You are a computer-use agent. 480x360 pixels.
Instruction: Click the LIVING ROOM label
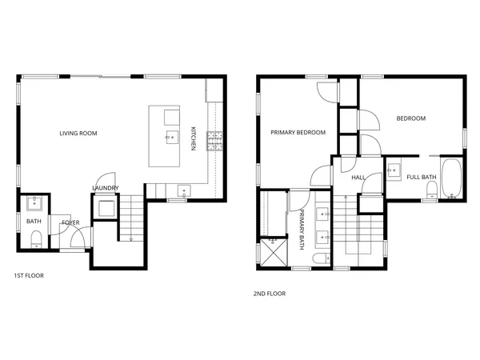[78, 133]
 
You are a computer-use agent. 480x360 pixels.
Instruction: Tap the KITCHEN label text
[193, 139]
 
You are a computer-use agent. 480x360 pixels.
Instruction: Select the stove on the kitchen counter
[214, 142]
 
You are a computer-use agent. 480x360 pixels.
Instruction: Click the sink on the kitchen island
[170, 138]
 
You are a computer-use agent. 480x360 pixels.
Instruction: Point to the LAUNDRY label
[106, 189]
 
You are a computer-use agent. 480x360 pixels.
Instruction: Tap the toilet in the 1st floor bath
[34, 237]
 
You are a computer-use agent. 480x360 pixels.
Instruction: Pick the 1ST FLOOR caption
[29, 276]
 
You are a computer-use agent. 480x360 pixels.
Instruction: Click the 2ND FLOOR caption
[270, 294]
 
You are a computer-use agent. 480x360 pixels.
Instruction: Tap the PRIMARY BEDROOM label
[298, 133]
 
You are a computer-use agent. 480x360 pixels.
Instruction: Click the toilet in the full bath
[431, 189]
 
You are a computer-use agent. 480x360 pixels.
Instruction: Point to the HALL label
[358, 178]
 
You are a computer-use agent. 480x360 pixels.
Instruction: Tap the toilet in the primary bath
[319, 260]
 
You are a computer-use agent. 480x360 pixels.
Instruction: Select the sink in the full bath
[394, 170]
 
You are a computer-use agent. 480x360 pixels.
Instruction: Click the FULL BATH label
[422, 177]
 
